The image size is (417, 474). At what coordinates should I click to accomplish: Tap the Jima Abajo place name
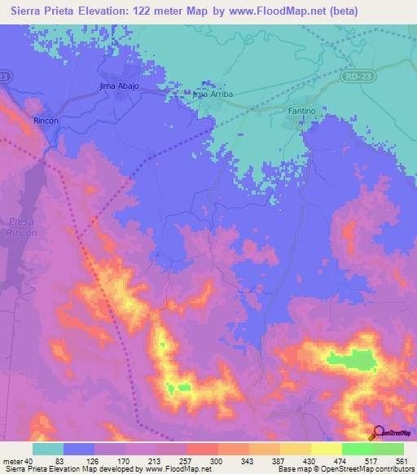coord(120,86)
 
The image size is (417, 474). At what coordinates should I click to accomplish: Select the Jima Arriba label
coord(213,94)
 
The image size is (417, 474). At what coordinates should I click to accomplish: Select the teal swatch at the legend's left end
coord(48,449)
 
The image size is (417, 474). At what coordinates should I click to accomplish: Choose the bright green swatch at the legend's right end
coord(388,449)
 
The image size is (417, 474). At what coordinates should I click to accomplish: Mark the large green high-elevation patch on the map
coord(352,359)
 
